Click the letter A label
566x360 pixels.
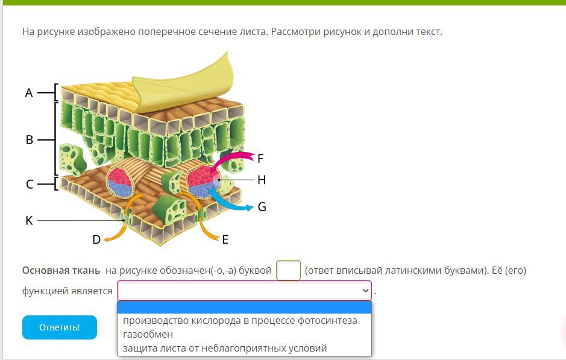[29, 93]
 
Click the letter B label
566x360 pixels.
[30, 140]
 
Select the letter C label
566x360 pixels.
[30, 184]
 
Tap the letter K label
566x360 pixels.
[30, 220]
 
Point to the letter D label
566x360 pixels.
[96, 239]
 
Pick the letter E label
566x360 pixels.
[225, 239]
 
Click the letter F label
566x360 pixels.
[260, 159]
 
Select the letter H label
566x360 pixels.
[262, 180]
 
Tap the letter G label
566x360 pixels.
[262, 207]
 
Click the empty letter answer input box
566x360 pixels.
[288, 270]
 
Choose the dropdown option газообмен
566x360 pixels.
[148, 334]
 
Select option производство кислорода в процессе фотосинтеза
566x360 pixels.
[240, 320]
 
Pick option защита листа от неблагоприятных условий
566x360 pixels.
[225, 348]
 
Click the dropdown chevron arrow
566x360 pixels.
[366, 291]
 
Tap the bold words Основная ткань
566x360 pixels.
[61, 270]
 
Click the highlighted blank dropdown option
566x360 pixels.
[244, 308]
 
